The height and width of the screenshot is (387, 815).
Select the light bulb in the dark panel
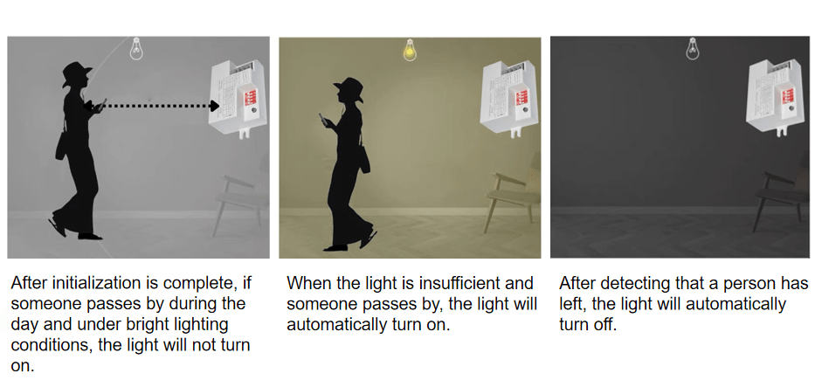pyautogui.click(x=693, y=48)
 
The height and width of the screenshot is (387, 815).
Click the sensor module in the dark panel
pyautogui.click(x=772, y=98)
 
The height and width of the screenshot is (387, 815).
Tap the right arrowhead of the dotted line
pyautogui.click(x=214, y=106)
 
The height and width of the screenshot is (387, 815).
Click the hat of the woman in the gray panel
pyautogui.click(x=76, y=73)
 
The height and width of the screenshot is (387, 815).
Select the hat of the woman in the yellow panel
pyautogui.click(x=349, y=89)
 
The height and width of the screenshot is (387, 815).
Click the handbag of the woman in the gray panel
pyautogui.click(x=62, y=147)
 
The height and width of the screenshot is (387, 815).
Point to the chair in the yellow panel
pyautogui.click(x=512, y=191)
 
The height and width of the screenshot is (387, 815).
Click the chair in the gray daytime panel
pyautogui.click(x=241, y=201)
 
